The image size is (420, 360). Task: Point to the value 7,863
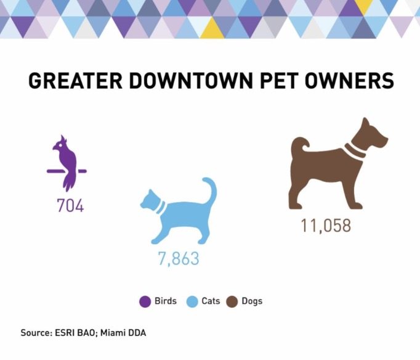(179, 258)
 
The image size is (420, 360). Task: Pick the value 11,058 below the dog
(326, 226)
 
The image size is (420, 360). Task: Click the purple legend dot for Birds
(145, 301)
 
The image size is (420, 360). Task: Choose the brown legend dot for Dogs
(233, 301)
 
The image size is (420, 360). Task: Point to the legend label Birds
(166, 301)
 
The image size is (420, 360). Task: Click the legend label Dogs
(252, 301)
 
